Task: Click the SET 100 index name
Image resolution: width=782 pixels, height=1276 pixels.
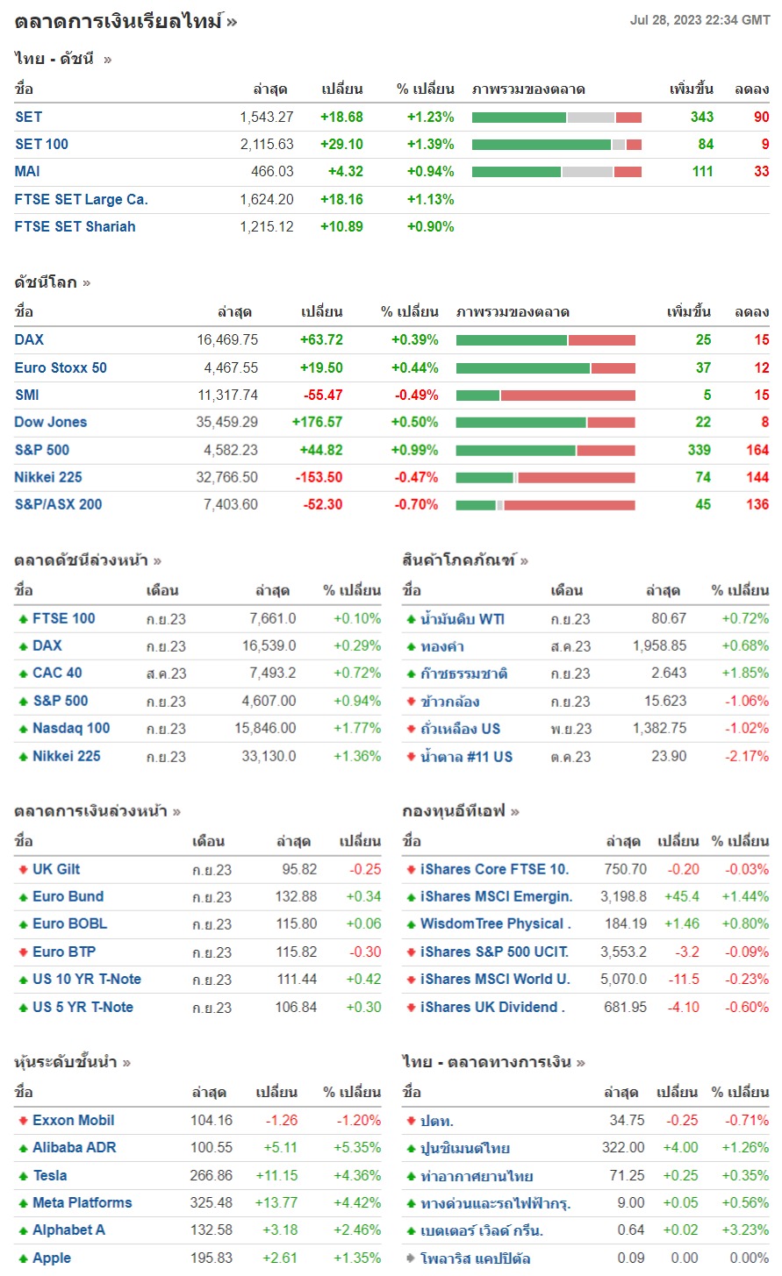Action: click(41, 144)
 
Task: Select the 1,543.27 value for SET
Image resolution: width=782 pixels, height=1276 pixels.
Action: click(266, 117)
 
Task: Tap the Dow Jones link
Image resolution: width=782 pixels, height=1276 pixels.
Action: click(51, 422)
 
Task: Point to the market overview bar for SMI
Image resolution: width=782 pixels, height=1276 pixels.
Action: click(545, 395)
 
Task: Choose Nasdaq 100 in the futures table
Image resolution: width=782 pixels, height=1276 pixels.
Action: click(71, 728)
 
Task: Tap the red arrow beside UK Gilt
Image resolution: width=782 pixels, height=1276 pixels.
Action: click(23, 869)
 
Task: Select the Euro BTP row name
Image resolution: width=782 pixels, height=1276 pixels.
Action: click(64, 952)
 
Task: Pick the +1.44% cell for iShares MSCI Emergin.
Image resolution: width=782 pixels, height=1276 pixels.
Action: click(745, 896)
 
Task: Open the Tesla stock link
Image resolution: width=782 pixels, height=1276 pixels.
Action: click(50, 1175)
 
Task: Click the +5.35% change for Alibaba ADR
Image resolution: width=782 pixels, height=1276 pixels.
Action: click(357, 1147)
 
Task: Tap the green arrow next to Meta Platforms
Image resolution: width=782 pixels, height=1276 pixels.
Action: click(23, 1203)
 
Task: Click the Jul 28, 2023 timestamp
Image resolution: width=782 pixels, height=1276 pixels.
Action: click(699, 20)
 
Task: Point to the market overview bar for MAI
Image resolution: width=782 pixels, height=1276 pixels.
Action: click(556, 172)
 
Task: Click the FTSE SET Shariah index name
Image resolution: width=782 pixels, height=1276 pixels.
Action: click(75, 226)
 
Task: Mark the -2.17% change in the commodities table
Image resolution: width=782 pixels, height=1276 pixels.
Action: click(747, 756)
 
